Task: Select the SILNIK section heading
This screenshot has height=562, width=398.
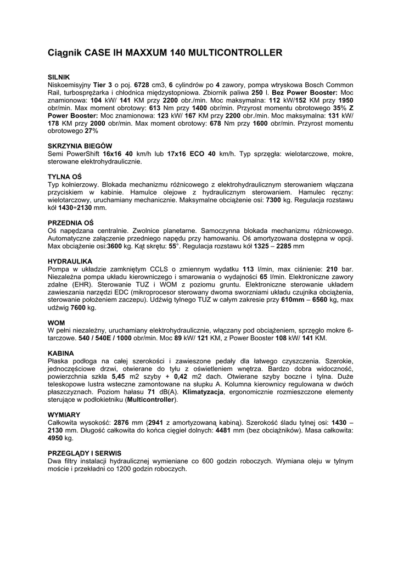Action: [x=59, y=77]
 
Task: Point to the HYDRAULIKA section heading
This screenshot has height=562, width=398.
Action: [x=70, y=261]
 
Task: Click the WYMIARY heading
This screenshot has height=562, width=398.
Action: [x=64, y=414]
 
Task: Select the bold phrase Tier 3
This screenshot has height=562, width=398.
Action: [x=103, y=85]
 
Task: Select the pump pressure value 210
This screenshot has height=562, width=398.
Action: [x=332, y=269]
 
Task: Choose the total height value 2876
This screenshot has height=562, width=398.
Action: [x=122, y=423]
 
